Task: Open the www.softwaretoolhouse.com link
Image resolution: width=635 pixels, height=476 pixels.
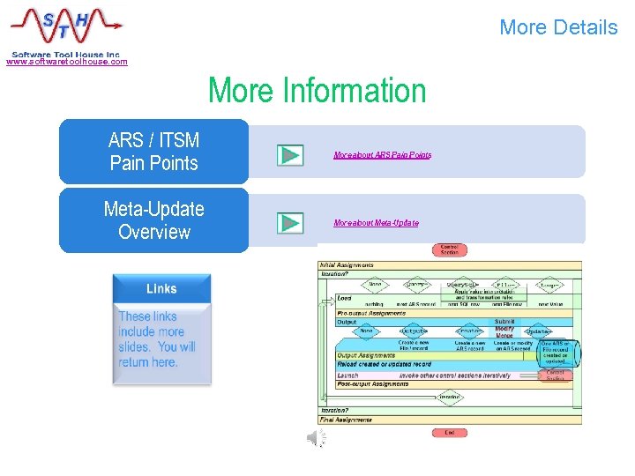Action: pos(67,62)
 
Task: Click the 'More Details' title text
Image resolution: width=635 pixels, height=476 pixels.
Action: pos(558,27)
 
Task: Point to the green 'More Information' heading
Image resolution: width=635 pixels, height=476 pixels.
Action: pos(317,91)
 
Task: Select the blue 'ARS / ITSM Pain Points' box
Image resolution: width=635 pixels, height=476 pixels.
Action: pos(153,152)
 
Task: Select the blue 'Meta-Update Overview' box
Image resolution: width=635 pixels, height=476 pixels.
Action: pos(153,220)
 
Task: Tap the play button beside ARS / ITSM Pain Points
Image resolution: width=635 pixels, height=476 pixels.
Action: pos(289,155)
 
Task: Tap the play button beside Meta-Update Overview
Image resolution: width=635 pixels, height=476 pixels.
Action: pos(289,223)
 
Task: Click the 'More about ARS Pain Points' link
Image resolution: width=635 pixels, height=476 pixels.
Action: pos(382,155)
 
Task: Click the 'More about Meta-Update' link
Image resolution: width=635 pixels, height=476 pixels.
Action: pos(376,223)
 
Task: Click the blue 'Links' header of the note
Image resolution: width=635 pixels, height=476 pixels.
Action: pos(161,288)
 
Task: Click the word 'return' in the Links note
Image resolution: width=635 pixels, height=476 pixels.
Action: pos(135,362)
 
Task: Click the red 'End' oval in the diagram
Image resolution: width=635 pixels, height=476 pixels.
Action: pos(450,433)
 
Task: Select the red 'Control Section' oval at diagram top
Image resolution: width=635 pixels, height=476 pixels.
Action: pos(449,250)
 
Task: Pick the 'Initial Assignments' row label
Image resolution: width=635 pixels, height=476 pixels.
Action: pos(347,264)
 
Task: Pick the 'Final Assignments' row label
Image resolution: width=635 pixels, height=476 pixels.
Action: pos(346,420)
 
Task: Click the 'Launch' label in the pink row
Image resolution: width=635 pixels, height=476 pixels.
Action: pos(348,375)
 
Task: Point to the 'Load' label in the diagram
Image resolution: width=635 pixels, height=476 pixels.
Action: pos(345,298)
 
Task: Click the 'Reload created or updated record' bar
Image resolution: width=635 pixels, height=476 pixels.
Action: pos(385,365)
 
